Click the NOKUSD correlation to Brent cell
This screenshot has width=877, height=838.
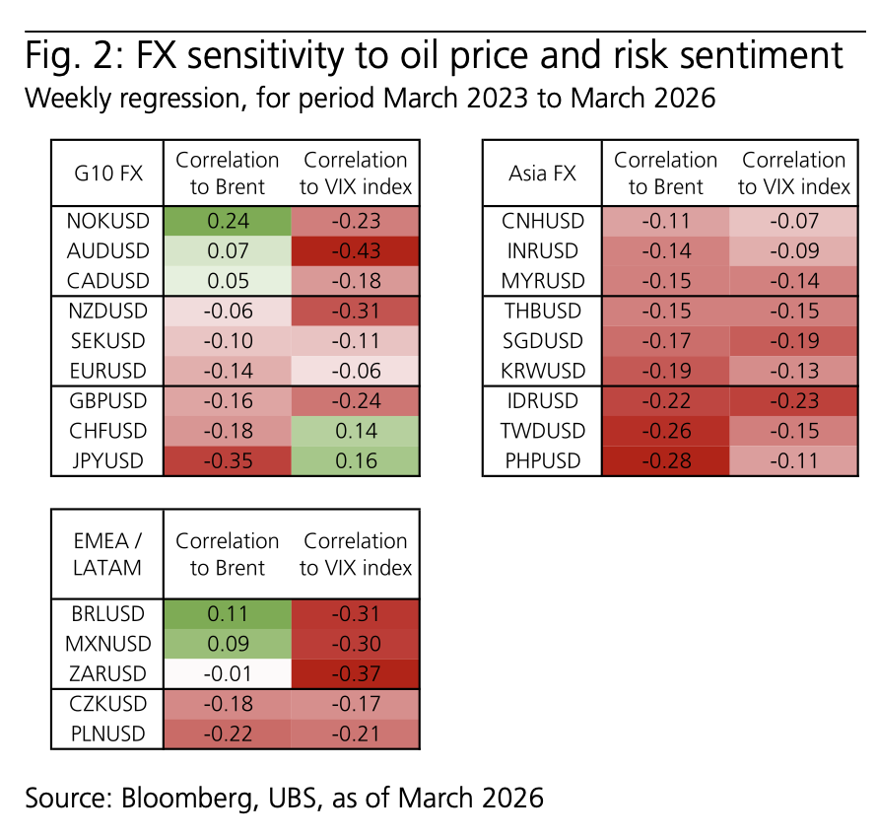pyautogui.click(x=227, y=221)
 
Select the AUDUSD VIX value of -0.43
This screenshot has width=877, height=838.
pyautogui.click(x=355, y=250)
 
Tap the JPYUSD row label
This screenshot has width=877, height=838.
pyautogui.click(x=108, y=460)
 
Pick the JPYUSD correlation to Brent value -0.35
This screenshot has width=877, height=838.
pyautogui.click(x=227, y=460)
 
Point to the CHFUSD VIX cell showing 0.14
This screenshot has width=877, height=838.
pyautogui.click(x=355, y=431)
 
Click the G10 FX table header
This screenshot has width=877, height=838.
pyautogui.click(x=108, y=173)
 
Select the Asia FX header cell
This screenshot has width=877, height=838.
pyautogui.click(x=542, y=173)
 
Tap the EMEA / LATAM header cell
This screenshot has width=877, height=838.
pyautogui.click(x=107, y=554)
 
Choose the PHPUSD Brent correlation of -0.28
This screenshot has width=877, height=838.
pyautogui.click(x=665, y=460)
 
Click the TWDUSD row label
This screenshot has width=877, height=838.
pyautogui.click(x=543, y=431)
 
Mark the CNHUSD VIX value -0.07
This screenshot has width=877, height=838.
pyautogui.click(x=793, y=221)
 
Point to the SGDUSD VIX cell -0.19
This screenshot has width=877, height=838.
pyautogui.click(x=793, y=341)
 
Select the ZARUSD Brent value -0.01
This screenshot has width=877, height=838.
pyautogui.click(x=227, y=673)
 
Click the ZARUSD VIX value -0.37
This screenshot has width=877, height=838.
pyautogui.click(x=355, y=673)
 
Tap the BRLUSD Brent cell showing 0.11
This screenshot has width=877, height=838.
pyautogui.click(x=227, y=613)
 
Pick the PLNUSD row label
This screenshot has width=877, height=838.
pyautogui.click(x=108, y=733)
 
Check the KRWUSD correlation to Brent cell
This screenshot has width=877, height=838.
pyautogui.click(x=665, y=371)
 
